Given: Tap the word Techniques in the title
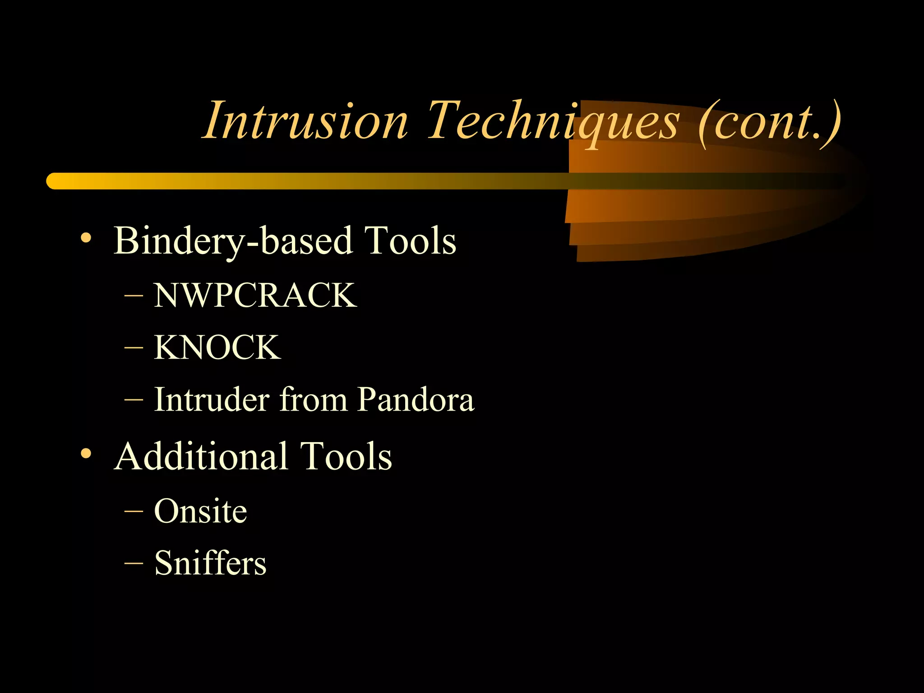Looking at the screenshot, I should pyautogui.click(x=552, y=121).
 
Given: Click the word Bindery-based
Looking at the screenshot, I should pyautogui.click(x=232, y=241).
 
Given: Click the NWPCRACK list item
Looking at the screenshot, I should pyautogui.click(x=255, y=296).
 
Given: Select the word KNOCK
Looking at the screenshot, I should pyautogui.click(x=217, y=347).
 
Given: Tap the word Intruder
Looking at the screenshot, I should pyautogui.click(x=212, y=399).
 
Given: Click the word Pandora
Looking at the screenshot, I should pyautogui.click(x=416, y=399).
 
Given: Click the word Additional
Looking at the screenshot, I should pyautogui.click(x=201, y=456).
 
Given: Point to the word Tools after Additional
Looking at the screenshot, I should pyautogui.click(x=346, y=456).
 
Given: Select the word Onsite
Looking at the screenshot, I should pyautogui.click(x=200, y=511).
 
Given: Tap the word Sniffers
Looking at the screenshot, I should pyautogui.click(x=210, y=563).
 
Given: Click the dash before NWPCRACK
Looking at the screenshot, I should pyautogui.click(x=134, y=296).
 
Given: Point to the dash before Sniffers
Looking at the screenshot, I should pyautogui.click(x=134, y=563).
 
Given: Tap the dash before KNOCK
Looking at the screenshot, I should pyautogui.click(x=134, y=348).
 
